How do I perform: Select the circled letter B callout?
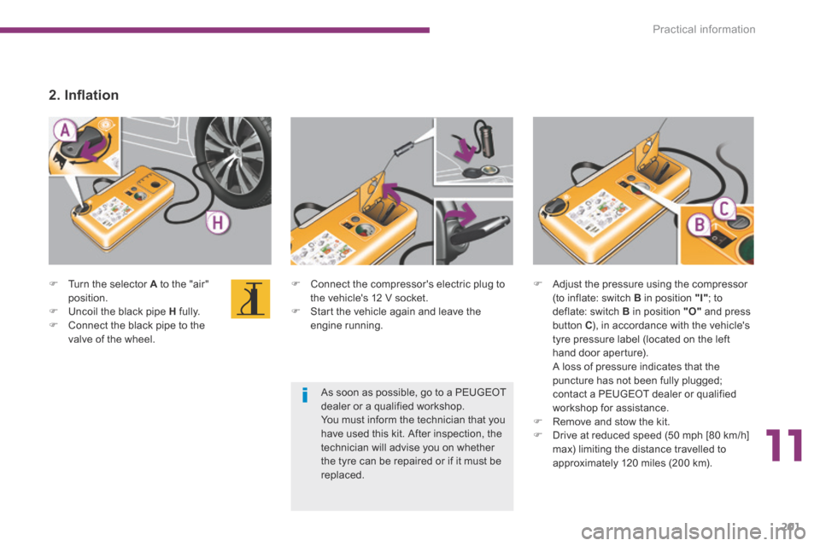tap(700, 226)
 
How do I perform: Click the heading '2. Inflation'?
tap(83, 96)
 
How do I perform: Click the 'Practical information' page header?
tap(704, 30)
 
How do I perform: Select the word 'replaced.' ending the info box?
tap(343, 474)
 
